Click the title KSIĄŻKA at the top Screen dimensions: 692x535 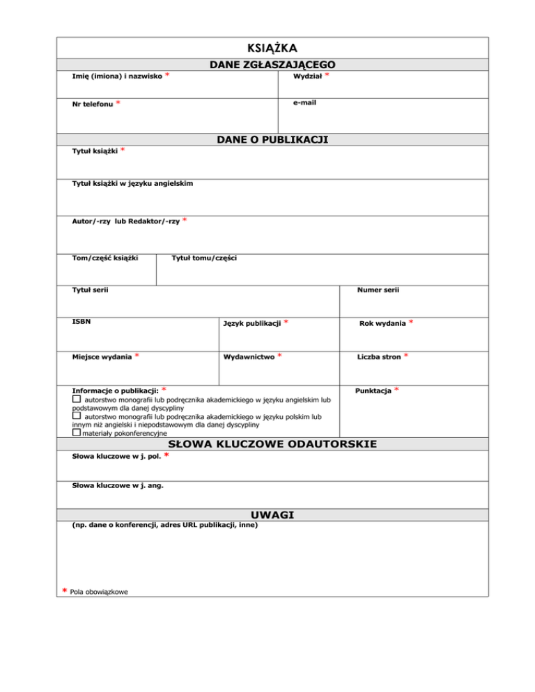click(x=272, y=48)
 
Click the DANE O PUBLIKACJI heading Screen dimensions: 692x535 click(x=272, y=140)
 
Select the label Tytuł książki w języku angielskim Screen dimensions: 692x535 click(x=133, y=183)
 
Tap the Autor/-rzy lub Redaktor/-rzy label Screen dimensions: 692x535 click(x=126, y=221)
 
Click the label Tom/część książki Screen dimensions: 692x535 click(x=105, y=258)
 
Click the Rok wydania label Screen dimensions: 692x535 click(x=382, y=324)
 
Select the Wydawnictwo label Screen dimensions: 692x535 click(x=248, y=357)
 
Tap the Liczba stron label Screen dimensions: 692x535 click(x=379, y=357)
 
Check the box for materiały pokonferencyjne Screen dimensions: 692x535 click(x=77, y=432)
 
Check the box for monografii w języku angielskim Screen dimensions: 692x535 click(x=77, y=401)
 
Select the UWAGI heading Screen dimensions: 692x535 click(x=272, y=515)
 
